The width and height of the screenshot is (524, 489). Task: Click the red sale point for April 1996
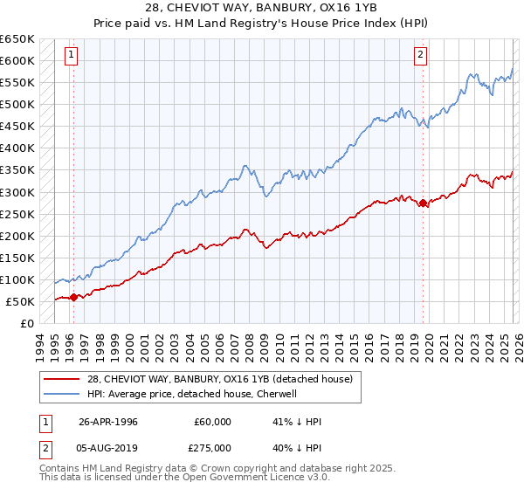(x=73, y=297)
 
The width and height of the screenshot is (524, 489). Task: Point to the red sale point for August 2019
(x=424, y=203)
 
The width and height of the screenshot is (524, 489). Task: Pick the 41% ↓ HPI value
(x=297, y=422)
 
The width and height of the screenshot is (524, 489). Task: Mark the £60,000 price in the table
(x=213, y=422)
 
